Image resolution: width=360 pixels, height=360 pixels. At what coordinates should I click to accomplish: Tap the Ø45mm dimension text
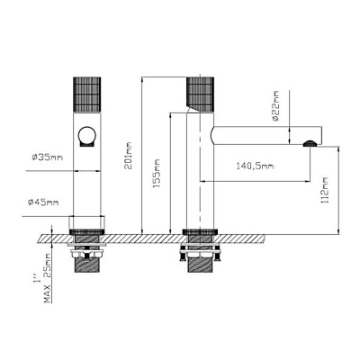click(44, 202)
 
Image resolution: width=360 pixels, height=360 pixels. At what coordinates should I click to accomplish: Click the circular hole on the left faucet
click(87, 137)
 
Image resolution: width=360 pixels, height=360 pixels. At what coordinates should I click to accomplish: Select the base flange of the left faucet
click(87, 226)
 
